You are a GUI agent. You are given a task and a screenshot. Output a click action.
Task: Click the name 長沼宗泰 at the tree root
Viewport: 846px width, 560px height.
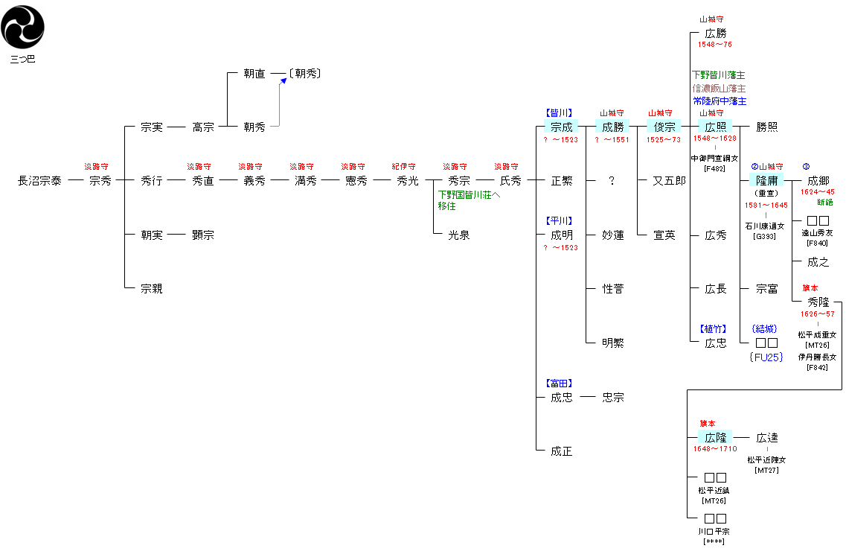coord(40,181)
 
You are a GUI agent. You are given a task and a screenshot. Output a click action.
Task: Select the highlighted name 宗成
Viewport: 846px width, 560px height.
coord(562,127)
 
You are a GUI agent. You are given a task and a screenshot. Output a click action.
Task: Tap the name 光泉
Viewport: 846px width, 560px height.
coord(459,235)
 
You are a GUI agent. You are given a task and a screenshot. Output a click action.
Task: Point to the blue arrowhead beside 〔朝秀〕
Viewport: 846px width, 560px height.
coord(283,80)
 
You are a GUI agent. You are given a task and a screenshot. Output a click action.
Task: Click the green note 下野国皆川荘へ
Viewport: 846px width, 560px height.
coord(469,195)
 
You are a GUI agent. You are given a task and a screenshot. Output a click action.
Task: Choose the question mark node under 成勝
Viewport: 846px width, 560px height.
coord(612,181)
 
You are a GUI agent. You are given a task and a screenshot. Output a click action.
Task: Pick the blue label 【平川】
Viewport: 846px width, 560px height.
coord(560,220)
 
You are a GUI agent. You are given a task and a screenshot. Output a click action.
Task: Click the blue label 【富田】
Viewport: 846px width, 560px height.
coord(560,383)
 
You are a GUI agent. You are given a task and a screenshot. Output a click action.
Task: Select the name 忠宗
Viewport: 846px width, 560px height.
coord(613,398)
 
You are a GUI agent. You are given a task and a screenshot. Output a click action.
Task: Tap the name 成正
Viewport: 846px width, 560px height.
coord(562,451)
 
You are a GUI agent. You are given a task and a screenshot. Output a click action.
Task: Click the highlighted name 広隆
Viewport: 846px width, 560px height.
coord(716,438)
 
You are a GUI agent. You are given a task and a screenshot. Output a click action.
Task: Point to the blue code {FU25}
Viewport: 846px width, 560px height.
coord(766,357)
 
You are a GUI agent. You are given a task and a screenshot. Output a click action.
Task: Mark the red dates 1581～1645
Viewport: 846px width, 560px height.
coord(766,205)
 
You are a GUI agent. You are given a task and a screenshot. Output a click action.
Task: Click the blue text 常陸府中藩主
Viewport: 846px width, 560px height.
coord(720,101)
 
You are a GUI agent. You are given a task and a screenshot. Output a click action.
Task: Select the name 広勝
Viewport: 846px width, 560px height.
coord(716,34)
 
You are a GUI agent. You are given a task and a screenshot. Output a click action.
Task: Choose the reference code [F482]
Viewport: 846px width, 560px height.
coord(715,169)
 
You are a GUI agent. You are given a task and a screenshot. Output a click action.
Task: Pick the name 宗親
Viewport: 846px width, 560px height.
coord(152,289)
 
